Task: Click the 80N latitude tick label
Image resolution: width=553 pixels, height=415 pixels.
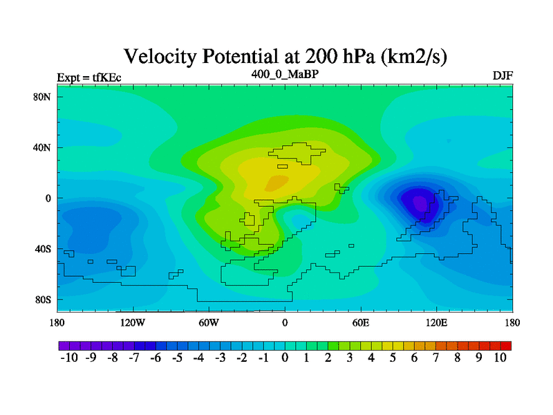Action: [x=42, y=97]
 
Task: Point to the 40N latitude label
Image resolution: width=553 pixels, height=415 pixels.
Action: [x=42, y=147]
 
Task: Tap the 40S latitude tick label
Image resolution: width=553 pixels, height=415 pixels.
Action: [x=43, y=249]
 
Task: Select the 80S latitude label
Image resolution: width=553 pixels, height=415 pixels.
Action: [x=43, y=300]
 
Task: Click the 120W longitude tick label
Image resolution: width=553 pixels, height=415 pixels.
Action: [x=133, y=322]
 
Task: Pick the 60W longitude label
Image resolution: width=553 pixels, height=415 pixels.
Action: [x=209, y=322]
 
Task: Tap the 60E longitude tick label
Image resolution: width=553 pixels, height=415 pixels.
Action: [x=361, y=322]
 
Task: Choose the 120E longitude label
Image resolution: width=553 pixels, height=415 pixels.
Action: [x=437, y=322]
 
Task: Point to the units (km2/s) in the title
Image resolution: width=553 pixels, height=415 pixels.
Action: [x=413, y=57]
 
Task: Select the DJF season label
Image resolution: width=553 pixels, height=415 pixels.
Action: [x=503, y=76]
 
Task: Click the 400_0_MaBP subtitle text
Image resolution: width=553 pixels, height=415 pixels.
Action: [x=285, y=74]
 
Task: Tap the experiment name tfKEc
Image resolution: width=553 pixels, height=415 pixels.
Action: [x=107, y=77]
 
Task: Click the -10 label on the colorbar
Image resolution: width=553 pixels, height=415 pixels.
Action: [x=69, y=358]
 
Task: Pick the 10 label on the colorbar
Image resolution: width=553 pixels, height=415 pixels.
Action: [x=500, y=358]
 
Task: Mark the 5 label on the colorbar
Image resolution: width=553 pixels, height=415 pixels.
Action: [x=393, y=358]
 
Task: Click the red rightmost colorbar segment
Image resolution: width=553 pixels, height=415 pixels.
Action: [x=506, y=346]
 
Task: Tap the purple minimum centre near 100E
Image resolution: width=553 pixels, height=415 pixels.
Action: [x=420, y=203]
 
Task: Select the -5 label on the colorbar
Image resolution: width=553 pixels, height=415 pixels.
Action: [x=177, y=358]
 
